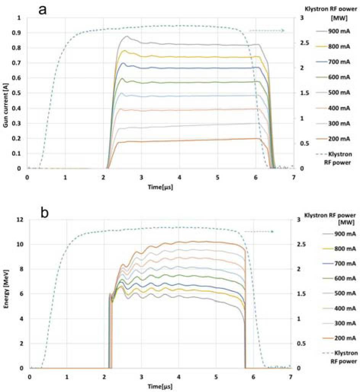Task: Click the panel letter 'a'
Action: [43, 9]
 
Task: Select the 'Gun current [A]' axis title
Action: [7, 93]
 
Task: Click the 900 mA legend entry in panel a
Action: [338, 30]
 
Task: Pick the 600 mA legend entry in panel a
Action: [338, 77]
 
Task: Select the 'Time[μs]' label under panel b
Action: [160, 387]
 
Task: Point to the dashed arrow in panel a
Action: [267, 30]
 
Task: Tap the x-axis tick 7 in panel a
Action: [293, 177]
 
